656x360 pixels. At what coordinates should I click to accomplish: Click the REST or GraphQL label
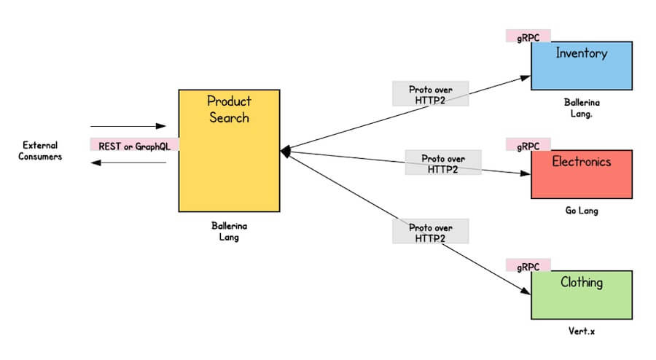coord(134,146)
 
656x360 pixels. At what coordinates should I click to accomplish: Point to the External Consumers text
coord(40,151)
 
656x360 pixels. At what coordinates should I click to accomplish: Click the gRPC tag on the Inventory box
coord(528,36)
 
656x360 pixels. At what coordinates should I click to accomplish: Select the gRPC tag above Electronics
coord(528,146)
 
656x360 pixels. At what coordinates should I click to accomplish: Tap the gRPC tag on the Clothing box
coord(528,265)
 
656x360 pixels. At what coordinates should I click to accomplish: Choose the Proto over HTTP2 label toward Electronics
coord(443,163)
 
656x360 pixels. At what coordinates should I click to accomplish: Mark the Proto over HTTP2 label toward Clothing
coord(430,232)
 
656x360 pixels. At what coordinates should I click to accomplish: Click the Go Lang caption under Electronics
coord(581,211)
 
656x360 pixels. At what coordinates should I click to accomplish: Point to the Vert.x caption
coord(581,332)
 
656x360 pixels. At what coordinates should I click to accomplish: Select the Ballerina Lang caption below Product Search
coord(229,231)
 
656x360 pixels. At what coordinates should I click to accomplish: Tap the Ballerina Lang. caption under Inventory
coord(581,109)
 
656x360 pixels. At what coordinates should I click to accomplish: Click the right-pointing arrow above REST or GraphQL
coord(129,126)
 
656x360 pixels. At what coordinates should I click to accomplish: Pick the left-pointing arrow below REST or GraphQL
coord(129,163)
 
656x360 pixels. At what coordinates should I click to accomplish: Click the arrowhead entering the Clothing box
coord(526,290)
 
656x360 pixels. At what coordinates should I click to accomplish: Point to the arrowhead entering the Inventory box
coord(526,75)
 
